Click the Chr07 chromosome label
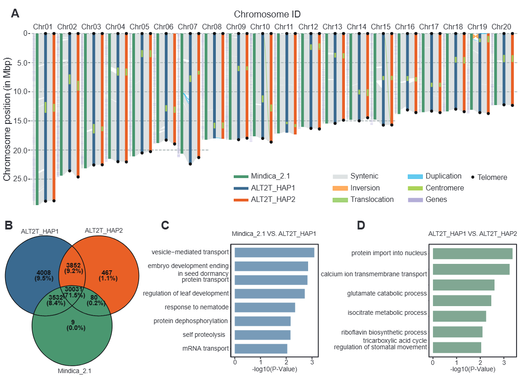point(187,27)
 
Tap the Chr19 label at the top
point(477,27)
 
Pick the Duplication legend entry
point(443,176)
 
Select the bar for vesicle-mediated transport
point(274,252)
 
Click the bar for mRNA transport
point(261,349)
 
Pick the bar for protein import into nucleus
point(472,253)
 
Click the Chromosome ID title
point(267,14)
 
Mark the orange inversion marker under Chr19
point(475,36)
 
